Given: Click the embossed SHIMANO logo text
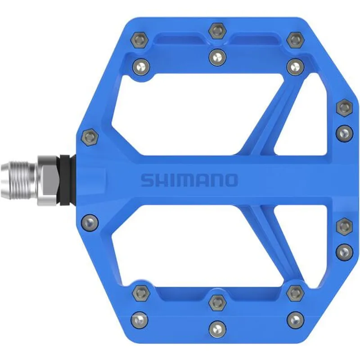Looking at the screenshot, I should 189,180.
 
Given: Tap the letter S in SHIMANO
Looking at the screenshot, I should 147,180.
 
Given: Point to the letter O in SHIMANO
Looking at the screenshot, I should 230,180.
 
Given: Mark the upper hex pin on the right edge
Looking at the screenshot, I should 344,107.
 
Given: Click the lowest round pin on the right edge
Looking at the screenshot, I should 344,251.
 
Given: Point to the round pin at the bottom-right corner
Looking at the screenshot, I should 295,320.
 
